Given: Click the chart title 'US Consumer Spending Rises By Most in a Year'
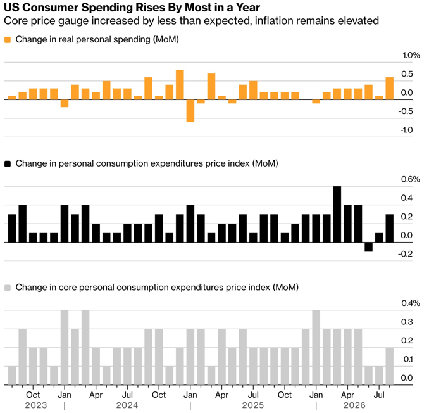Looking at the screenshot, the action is click(x=132, y=8).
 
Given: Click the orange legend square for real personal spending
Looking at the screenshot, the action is click(x=8, y=40).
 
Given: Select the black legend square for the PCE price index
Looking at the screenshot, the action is click(x=8, y=164).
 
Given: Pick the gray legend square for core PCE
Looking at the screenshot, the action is click(x=8, y=288).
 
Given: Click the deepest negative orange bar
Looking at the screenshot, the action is click(x=190, y=111).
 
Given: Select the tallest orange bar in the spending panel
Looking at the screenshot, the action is click(x=180, y=85).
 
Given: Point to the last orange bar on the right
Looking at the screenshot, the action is click(x=390, y=89).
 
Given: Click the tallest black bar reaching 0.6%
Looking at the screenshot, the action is click(x=337, y=214).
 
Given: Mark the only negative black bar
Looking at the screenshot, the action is click(x=368, y=247).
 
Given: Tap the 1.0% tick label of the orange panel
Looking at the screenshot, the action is click(x=411, y=55).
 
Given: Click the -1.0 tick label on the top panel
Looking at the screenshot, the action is click(x=407, y=130).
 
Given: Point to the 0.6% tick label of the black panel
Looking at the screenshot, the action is click(x=411, y=179).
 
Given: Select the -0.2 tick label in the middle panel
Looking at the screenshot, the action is click(x=405, y=254).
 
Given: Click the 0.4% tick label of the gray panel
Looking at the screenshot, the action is click(x=411, y=303).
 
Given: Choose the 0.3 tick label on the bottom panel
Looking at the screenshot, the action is click(x=407, y=322).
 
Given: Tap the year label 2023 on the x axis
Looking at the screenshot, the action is click(x=36, y=405).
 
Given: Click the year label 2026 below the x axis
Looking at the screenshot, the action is click(x=354, y=405).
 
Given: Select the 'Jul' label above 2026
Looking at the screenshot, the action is click(x=379, y=395).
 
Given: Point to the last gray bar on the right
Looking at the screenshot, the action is click(x=390, y=366).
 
